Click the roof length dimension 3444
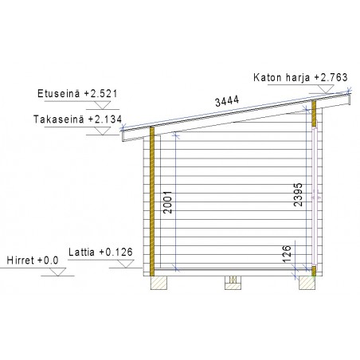coord(227,101)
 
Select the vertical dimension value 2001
coord(168,202)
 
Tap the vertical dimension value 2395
coord(298,194)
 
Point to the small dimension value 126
coord(287,254)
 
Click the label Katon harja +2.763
coord(300,77)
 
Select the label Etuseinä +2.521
coord(77,94)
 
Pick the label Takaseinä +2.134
coord(77,119)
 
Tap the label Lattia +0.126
coord(100,252)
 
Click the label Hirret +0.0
coord(33,260)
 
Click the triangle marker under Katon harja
coord(326,89)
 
